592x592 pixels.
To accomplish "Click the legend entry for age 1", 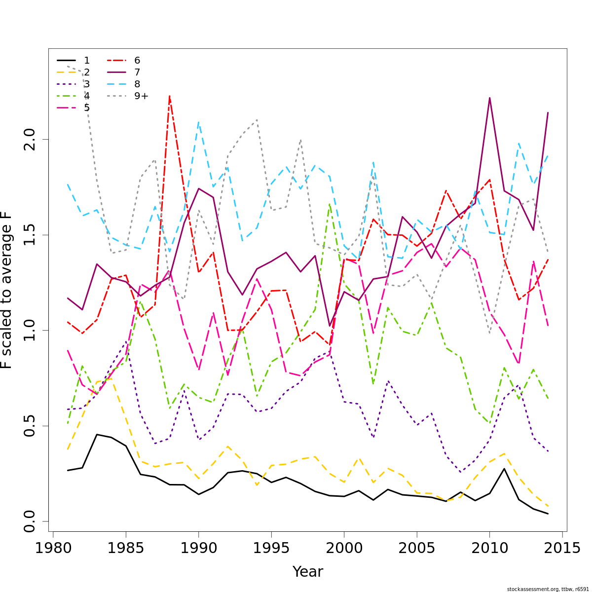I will coord(74,61).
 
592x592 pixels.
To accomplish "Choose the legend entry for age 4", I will coord(74,96).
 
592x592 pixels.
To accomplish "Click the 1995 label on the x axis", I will coord(271,549).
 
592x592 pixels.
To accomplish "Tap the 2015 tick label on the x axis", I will coord(562,549).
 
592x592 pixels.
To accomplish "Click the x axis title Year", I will coord(308,572).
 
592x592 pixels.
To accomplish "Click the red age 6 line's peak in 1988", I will coord(169,96).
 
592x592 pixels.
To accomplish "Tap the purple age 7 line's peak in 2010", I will coord(489,98).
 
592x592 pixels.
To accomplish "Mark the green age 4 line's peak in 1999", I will coord(330,204).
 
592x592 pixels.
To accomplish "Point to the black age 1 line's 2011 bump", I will coord(504,469).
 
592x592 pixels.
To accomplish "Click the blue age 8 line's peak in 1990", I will coord(198,122).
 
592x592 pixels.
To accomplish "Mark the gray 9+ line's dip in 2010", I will coord(489,333).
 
